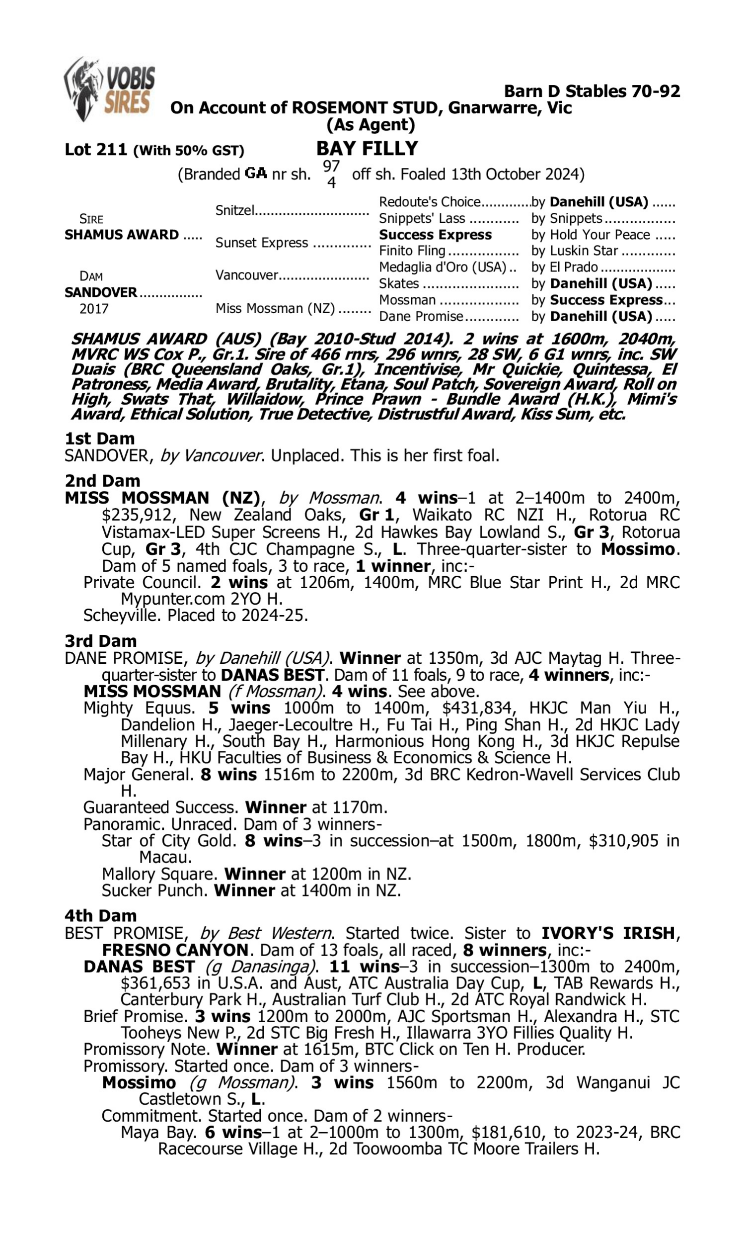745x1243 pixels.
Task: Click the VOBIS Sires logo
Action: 109,90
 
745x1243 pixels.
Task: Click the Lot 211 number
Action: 96,150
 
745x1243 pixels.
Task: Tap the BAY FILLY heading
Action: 367,149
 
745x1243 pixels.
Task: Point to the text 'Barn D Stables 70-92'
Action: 592,91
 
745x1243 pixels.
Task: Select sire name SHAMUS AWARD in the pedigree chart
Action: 122,235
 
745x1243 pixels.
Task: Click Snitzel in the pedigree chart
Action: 235,210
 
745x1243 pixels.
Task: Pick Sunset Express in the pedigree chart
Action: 262,243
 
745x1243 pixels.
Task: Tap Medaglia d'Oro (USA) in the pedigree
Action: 442,267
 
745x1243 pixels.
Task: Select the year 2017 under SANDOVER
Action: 94,308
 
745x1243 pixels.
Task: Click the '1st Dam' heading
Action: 100,439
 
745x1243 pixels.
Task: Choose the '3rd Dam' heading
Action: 101,641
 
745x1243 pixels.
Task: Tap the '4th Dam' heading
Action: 101,916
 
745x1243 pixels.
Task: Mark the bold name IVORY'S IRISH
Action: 607,933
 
